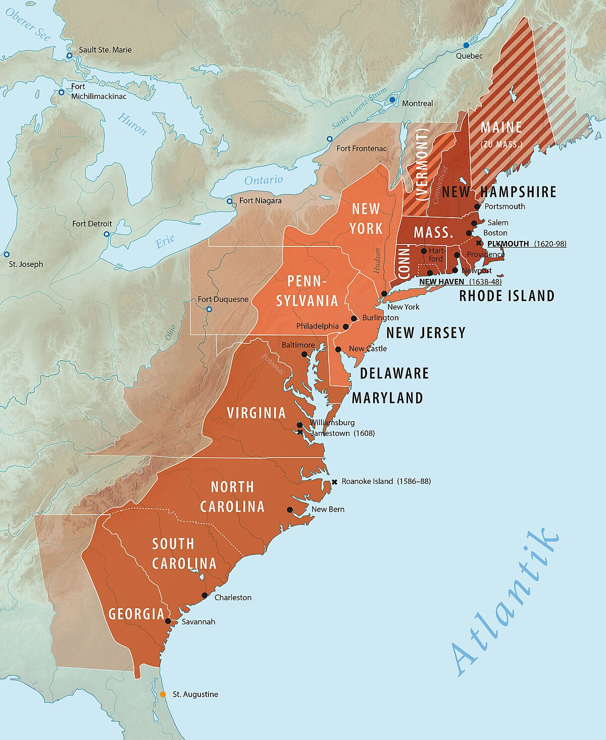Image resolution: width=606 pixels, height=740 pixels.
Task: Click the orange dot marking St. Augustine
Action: [163, 695]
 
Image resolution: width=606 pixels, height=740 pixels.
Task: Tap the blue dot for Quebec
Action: [466, 45]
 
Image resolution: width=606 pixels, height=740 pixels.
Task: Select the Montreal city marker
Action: [392, 100]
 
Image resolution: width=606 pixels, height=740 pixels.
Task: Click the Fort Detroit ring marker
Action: [107, 234]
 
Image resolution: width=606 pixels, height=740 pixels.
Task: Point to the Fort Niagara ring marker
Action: [229, 201]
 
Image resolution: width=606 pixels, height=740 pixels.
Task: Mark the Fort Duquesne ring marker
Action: [209, 309]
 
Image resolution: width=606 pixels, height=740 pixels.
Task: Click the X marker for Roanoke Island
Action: [334, 482]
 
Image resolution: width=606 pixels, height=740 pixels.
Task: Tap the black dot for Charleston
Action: [205, 596]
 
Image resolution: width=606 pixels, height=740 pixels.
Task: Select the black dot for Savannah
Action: [168, 621]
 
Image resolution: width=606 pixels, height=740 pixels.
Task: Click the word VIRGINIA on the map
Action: [256, 413]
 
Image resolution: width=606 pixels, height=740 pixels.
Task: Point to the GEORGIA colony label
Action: [136, 614]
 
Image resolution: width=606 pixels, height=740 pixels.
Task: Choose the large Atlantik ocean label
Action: [505, 601]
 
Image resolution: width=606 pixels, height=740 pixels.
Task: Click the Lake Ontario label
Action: [264, 180]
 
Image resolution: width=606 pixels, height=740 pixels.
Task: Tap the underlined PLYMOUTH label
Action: [508, 244]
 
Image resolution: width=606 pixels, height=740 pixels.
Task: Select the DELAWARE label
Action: [394, 373]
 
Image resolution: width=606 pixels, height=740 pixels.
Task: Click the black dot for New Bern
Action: [290, 510]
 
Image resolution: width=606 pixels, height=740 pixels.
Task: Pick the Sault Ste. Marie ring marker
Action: [70, 56]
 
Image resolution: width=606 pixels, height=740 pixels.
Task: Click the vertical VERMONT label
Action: [422, 164]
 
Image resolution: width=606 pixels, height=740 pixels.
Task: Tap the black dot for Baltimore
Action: [304, 354]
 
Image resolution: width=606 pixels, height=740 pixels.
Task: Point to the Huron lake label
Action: [132, 124]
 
